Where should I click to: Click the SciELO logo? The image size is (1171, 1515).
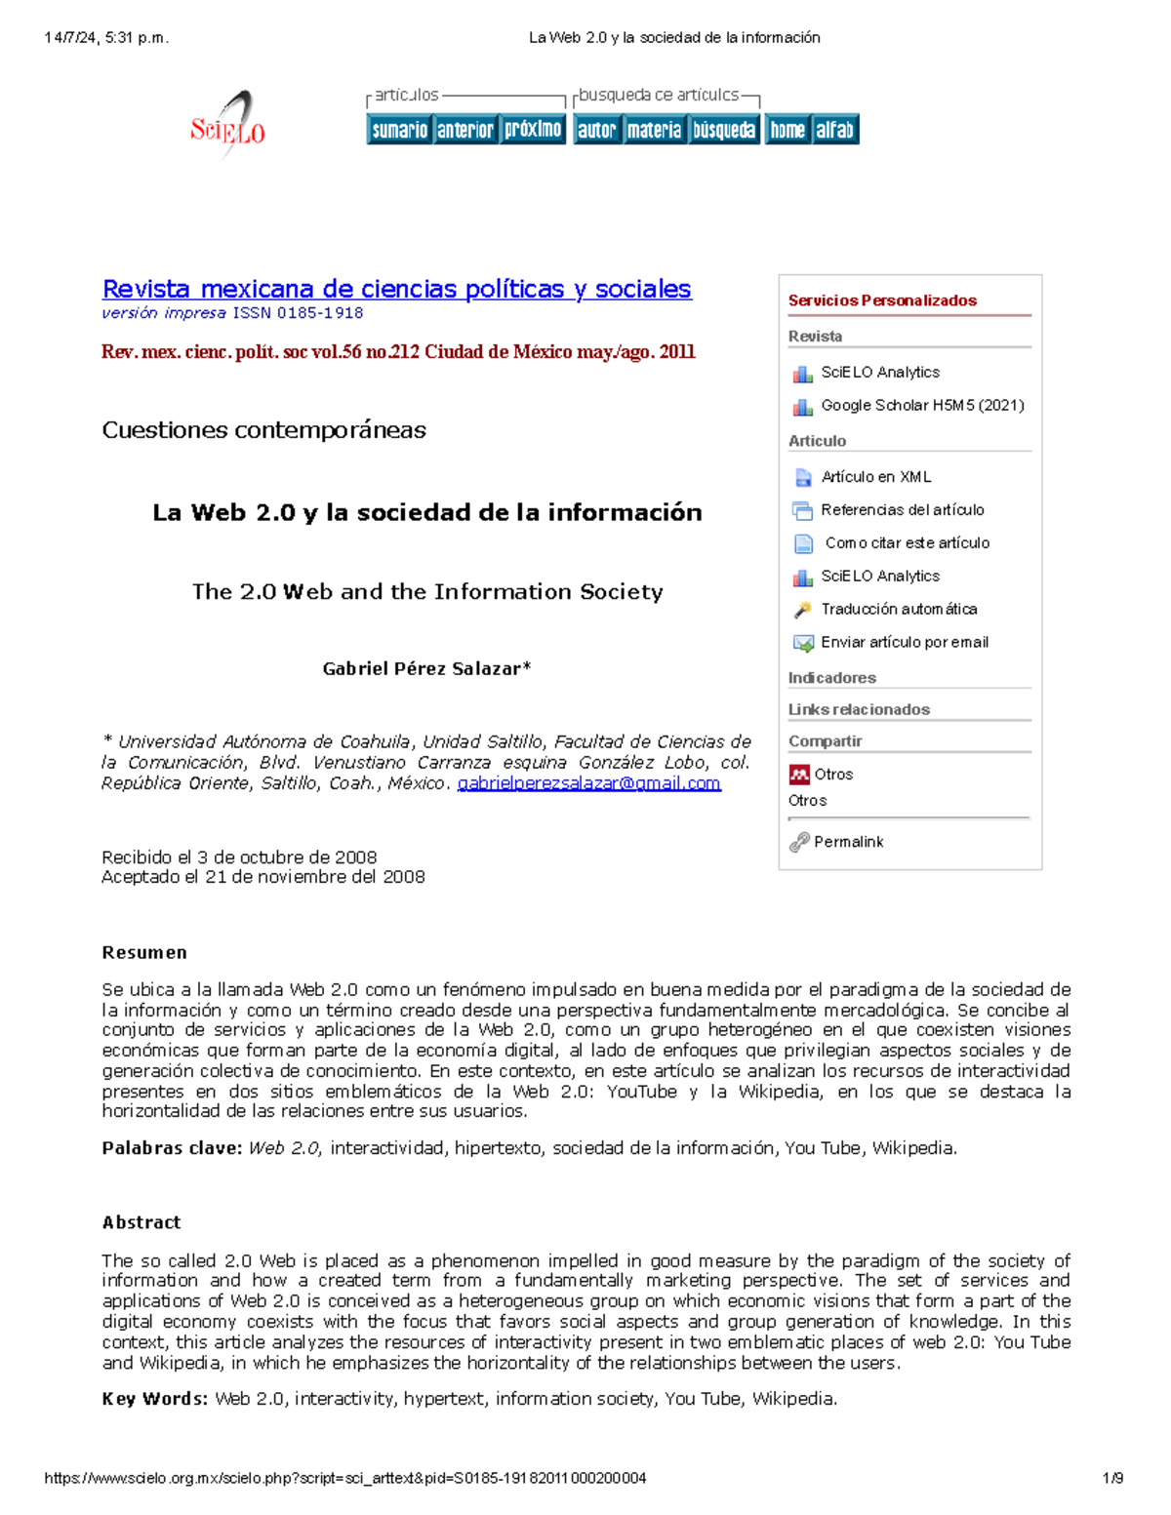point(228,126)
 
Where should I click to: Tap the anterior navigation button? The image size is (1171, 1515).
point(464,130)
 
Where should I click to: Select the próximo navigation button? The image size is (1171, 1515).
point(533,130)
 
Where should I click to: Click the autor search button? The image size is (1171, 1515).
point(596,130)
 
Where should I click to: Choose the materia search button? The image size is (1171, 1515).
point(654,130)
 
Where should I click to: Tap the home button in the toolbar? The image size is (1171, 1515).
point(787,130)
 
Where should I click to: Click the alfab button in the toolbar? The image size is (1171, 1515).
point(835,130)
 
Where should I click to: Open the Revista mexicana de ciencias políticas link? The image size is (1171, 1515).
point(396,289)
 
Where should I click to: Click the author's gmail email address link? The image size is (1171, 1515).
point(588,783)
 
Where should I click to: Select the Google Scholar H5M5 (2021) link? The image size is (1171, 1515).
point(922,405)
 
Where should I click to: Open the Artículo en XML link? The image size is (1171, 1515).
point(875,477)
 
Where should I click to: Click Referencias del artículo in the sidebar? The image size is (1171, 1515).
point(902,510)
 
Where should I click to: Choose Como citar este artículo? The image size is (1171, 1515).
point(907,543)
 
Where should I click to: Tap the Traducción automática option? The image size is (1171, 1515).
point(898,609)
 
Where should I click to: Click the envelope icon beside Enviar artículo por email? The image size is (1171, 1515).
point(803,643)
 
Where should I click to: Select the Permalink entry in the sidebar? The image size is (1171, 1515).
point(848,842)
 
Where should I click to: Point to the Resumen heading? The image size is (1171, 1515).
point(144,953)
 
